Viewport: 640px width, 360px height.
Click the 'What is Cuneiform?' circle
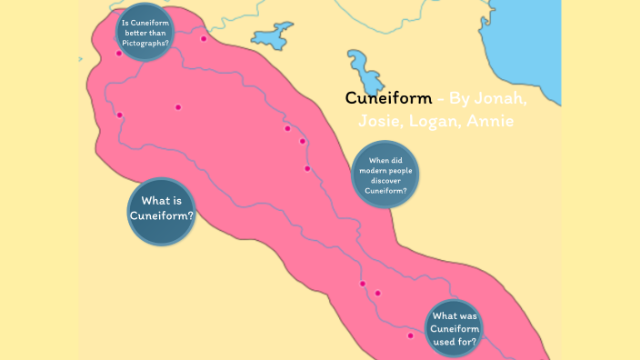tap(162, 210)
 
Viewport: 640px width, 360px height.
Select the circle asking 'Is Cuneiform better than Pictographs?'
tap(145, 33)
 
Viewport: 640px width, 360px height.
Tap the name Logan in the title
tap(425, 121)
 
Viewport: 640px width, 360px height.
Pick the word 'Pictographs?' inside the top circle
tap(145, 44)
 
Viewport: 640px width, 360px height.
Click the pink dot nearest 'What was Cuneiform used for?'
tap(411, 335)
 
